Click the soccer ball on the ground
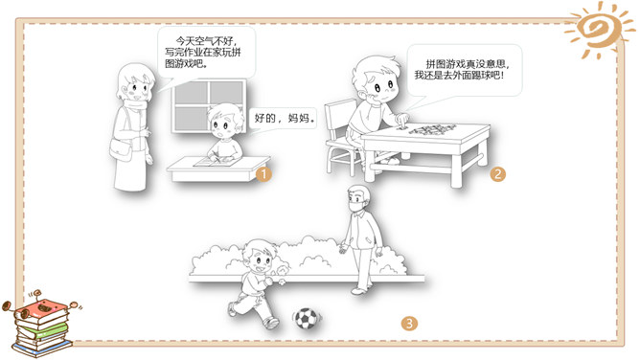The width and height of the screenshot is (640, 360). point(307,318)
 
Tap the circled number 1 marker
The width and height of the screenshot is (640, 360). point(263,174)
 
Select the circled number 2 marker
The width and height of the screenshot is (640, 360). point(497,174)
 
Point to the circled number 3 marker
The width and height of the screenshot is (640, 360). point(409,324)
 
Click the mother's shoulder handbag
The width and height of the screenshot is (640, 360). point(122,149)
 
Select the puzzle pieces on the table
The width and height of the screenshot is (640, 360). point(432,129)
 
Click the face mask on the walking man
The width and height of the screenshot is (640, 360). point(355,206)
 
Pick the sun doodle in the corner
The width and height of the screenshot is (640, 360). point(599,29)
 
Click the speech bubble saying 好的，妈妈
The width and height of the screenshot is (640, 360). point(284,118)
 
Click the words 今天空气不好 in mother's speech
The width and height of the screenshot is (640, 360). point(204,41)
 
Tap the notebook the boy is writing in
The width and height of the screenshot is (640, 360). point(217,162)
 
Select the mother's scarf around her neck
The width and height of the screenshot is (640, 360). point(137,105)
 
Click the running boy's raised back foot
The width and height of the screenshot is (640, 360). point(232,308)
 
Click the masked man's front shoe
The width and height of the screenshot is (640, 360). point(359,291)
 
